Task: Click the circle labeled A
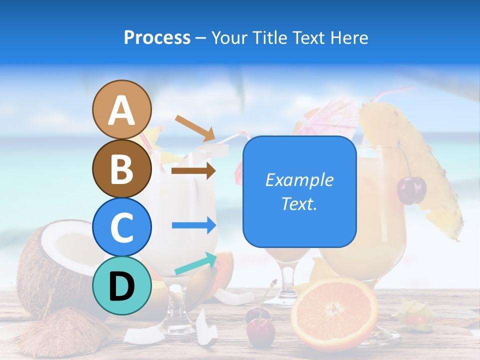122,109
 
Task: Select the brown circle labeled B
122,168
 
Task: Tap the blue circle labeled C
122,227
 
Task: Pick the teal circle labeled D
122,285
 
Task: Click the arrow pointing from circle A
195,127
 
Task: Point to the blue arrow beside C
193,225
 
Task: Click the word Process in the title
157,37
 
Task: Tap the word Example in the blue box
299,180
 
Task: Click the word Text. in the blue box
299,203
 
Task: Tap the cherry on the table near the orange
260,330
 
